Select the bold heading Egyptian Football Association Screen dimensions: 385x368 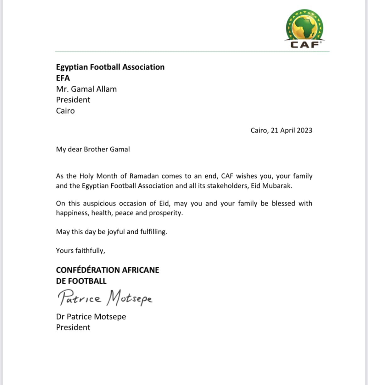[x=110, y=67]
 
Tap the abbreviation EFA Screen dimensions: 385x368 [x=63, y=78]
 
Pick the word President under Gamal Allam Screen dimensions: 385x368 [x=73, y=100]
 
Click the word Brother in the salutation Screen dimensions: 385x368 [x=95, y=149]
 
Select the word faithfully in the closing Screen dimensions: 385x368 [x=90, y=251]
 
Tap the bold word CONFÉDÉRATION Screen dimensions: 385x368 [x=87, y=270]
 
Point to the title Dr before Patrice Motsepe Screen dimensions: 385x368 [x=60, y=317]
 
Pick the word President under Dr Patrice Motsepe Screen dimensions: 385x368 [x=73, y=327]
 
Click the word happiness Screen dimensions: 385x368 [x=73, y=213]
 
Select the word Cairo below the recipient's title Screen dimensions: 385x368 [x=65, y=111]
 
